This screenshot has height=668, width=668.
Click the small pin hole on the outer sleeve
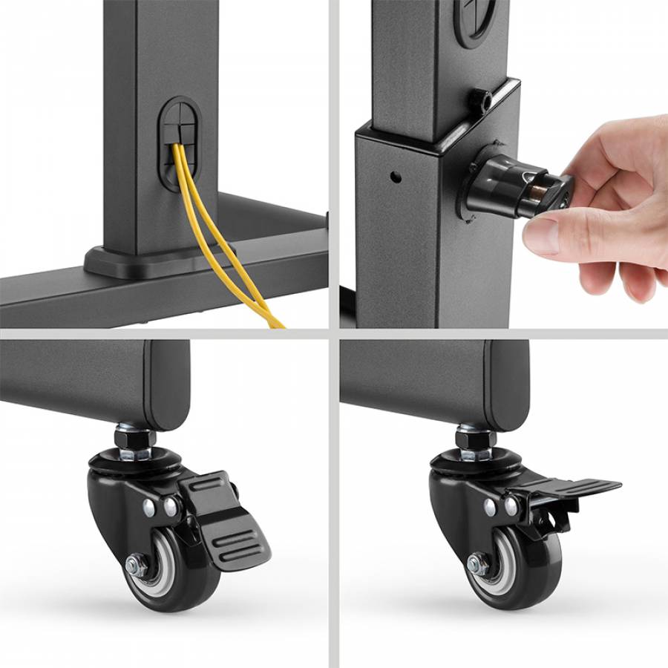[396, 177]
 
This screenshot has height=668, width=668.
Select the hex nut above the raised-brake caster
[475, 440]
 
